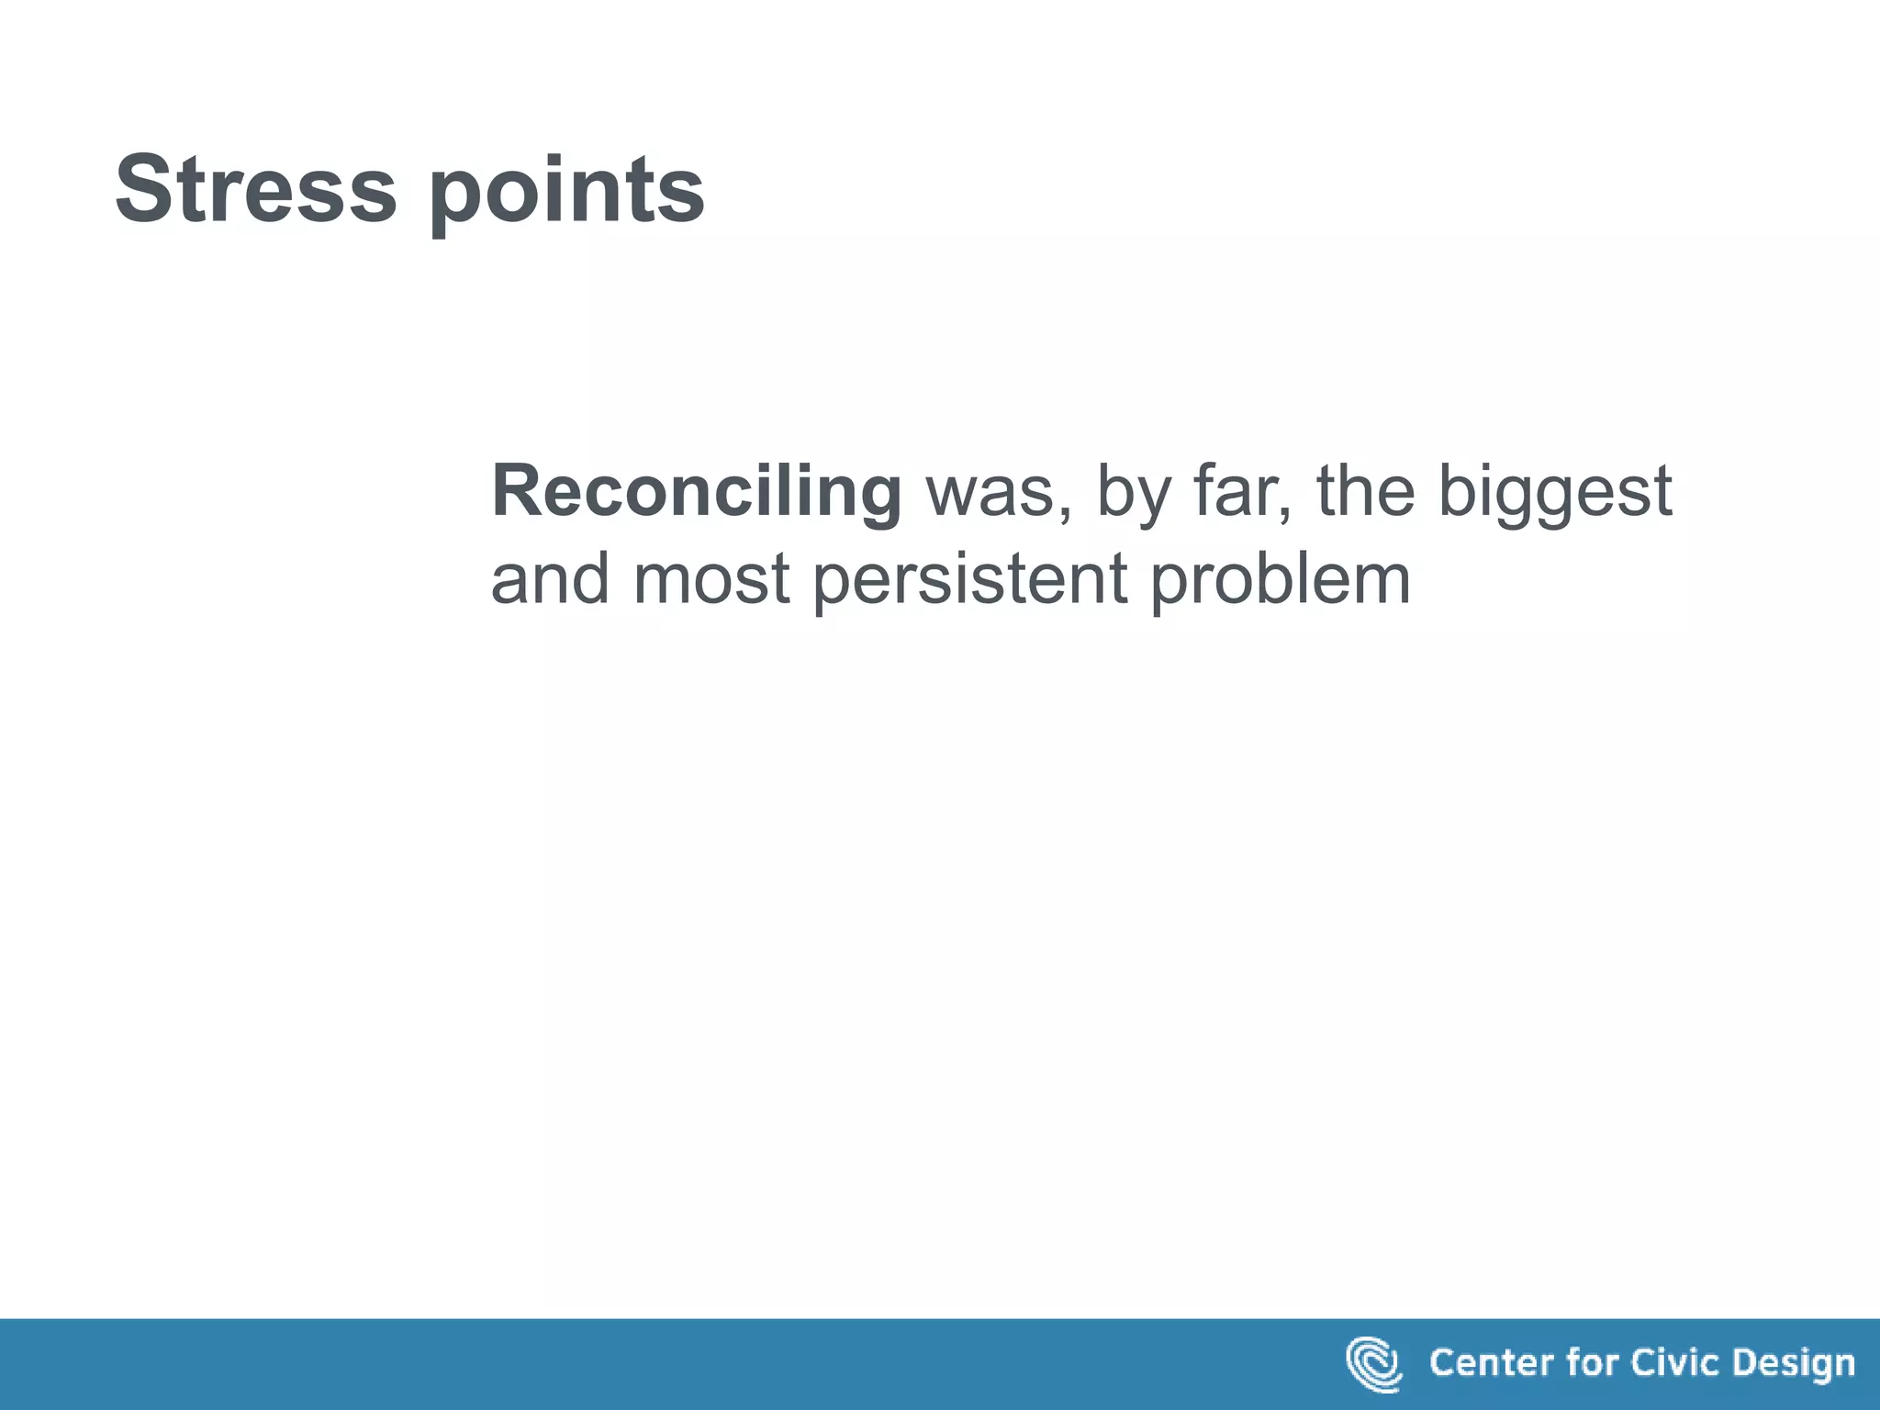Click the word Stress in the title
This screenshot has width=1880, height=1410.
[x=255, y=189]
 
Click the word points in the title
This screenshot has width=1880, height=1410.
[x=566, y=193]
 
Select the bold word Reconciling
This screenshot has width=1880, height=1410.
[x=696, y=493]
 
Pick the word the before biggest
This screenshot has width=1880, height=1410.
[x=1366, y=491]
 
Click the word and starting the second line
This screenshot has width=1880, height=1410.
[x=549, y=579]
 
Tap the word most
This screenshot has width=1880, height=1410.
[x=711, y=581]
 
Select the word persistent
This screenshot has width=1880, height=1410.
[x=969, y=583]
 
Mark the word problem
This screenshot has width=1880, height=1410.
[x=1280, y=583]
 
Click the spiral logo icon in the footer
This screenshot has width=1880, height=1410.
[x=1373, y=1363]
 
